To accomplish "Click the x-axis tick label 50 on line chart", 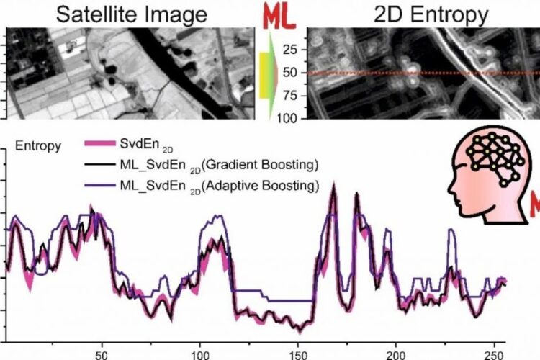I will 102,354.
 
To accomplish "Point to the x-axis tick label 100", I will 200,354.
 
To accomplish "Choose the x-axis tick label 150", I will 298,354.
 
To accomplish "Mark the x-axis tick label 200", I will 396,354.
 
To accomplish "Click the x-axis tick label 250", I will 494,354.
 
